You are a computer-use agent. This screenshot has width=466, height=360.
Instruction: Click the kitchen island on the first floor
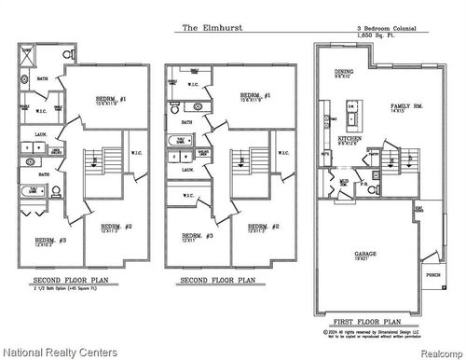coord(353,117)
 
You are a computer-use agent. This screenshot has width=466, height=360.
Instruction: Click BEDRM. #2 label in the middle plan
coord(257,227)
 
